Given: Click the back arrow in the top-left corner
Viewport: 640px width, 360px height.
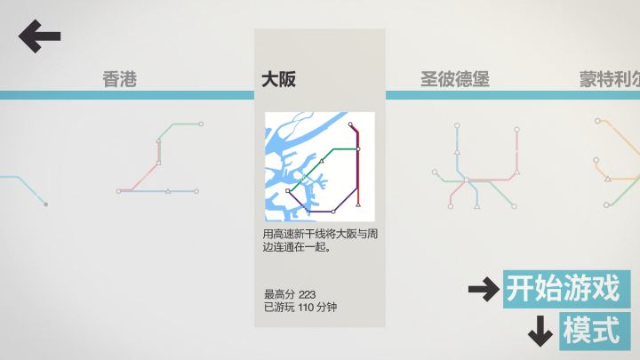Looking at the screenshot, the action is coord(40,36).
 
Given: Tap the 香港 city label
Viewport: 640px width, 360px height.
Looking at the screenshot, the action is coord(120,79).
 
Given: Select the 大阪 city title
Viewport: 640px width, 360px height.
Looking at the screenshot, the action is coord(278,79).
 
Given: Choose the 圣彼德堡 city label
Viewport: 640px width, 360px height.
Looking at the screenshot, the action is coord(455,79).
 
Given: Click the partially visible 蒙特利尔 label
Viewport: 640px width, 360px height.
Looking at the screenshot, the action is coord(610,79).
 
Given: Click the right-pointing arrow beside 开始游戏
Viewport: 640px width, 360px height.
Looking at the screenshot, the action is coord(484,290).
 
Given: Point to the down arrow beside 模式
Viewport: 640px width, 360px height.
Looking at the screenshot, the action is coord(540,331).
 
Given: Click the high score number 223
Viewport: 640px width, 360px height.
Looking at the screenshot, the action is coord(307,294).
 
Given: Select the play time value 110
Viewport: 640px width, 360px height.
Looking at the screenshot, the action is coord(306,307).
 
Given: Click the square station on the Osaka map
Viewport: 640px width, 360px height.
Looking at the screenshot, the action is coord(288,190).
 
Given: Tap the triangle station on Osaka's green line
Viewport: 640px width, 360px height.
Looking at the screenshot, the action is coord(322,161).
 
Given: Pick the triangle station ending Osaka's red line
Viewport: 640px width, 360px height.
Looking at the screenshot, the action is coord(358,204).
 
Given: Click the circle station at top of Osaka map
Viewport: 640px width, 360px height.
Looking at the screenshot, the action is coord(350,124).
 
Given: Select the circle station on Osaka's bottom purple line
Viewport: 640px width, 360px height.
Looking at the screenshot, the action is coord(333,212).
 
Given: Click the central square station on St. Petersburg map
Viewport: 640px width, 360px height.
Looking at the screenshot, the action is coord(466,180).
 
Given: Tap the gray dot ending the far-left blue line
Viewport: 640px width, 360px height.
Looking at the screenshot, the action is coord(45,204).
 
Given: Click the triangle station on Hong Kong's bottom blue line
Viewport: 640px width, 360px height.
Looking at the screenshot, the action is coord(168,190).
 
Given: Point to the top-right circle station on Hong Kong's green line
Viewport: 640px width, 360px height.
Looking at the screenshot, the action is coord(201,124).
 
